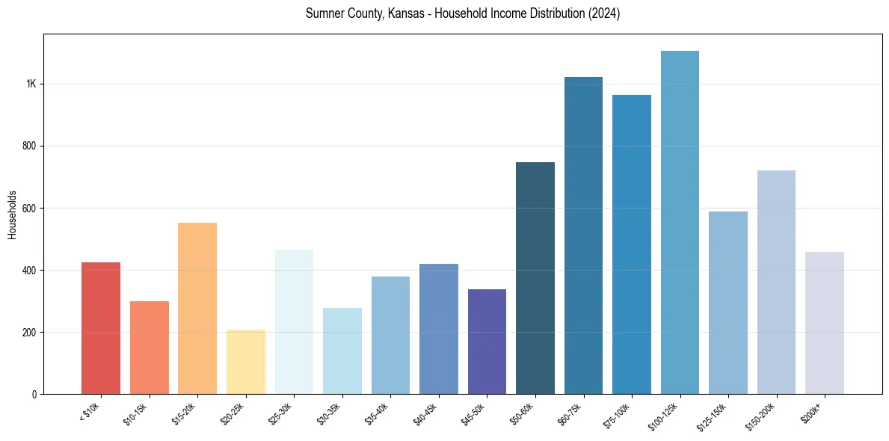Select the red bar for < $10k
101,328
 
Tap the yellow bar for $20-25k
246,362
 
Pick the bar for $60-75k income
583,235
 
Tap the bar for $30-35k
342,351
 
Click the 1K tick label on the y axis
31,84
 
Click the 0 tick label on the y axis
34,394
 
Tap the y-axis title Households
13,215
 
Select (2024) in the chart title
603,14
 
